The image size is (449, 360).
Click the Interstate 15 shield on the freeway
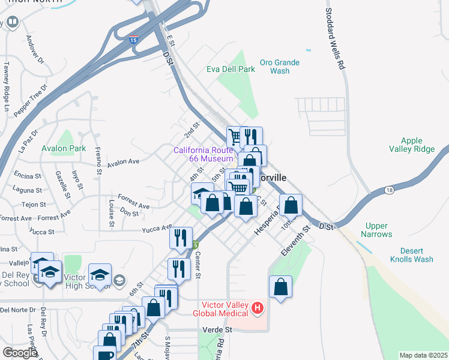(133, 40)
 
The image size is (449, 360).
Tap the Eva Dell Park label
(231, 69)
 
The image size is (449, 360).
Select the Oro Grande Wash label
(280, 67)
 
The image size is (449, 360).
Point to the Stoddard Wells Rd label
(336, 38)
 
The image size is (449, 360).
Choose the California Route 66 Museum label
(203, 154)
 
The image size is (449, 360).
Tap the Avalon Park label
(64, 148)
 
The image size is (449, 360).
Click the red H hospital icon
(258, 308)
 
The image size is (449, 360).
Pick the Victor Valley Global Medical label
(220, 309)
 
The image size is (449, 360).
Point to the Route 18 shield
(390, 190)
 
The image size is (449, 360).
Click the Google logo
(20, 353)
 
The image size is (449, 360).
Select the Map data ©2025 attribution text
(424, 355)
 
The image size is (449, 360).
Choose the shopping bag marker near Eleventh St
(280, 289)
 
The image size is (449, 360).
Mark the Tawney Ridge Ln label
(7, 87)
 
